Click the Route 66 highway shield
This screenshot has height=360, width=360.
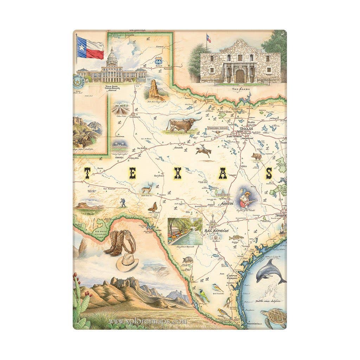tap(159, 60)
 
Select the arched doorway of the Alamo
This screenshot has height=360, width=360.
tap(240, 76)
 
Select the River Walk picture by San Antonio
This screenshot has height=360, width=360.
tap(185, 231)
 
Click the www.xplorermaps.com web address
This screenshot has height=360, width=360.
tap(148, 321)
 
